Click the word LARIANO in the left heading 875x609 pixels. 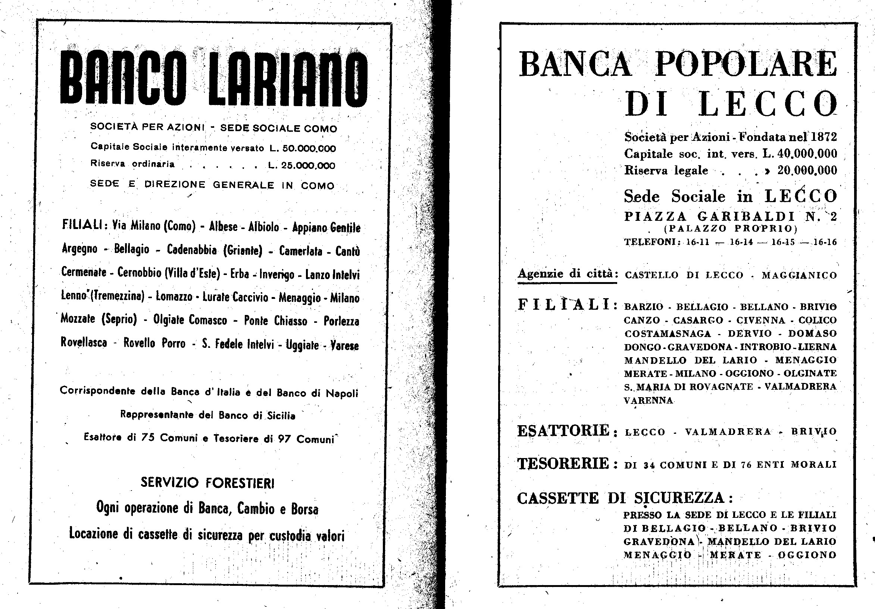pyautogui.click(x=287, y=79)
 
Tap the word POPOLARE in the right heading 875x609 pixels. pyautogui.click(x=746, y=64)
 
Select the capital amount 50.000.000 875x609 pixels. pyautogui.click(x=309, y=148)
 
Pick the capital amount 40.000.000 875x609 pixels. pyautogui.click(x=807, y=154)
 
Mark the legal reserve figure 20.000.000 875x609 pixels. pyautogui.click(x=807, y=170)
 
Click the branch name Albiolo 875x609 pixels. pyautogui.click(x=264, y=227)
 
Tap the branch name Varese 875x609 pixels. pyautogui.click(x=344, y=345)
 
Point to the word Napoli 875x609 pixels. pyautogui.click(x=342, y=393)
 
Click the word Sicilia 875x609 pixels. pyautogui.click(x=281, y=415)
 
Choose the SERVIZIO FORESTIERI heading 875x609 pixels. pyautogui.click(x=207, y=483)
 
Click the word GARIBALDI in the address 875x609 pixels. pyautogui.click(x=746, y=217)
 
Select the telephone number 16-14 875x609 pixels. pyautogui.click(x=741, y=242)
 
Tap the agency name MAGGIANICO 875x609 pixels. pyautogui.click(x=799, y=275)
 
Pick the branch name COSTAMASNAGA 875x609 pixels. pyautogui.click(x=667, y=334)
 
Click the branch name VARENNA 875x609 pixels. pyautogui.click(x=648, y=400)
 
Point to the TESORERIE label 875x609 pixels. pyautogui.click(x=563, y=464)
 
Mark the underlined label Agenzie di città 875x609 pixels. pyautogui.click(x=566, y=273)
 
